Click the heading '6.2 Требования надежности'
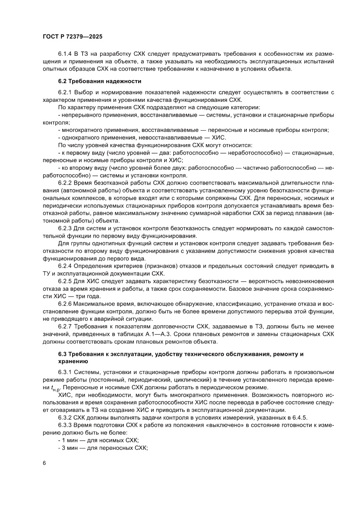99,81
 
